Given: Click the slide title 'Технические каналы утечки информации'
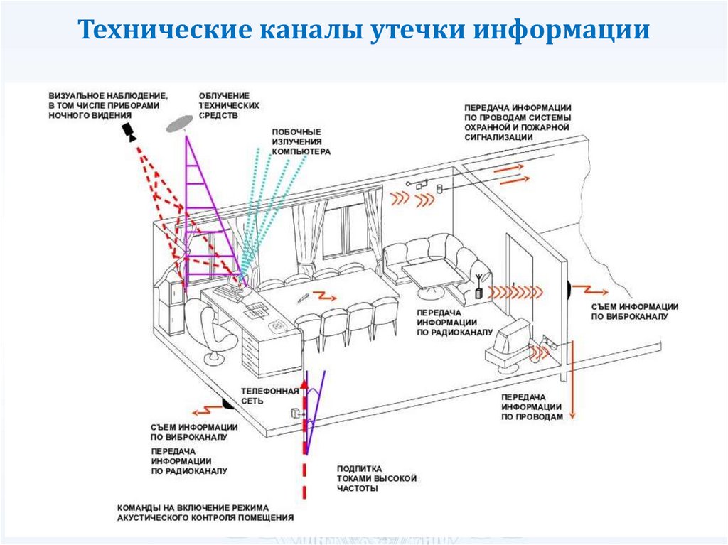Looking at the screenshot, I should tap(363, 31).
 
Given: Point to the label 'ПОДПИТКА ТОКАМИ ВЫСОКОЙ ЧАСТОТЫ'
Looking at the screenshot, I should tap(376, 479).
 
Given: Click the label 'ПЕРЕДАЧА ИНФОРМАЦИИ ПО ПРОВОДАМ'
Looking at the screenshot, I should tap(532, 406).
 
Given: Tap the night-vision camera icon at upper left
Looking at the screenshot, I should tap(129, 131).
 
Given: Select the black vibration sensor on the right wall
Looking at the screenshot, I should tap(569, 288).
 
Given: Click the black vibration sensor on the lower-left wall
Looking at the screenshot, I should tap(227, 404).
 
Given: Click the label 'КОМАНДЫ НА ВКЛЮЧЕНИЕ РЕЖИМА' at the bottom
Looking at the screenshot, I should tap(205, 512).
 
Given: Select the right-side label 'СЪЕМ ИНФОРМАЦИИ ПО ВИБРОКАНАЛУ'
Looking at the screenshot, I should tap(634, 311).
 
